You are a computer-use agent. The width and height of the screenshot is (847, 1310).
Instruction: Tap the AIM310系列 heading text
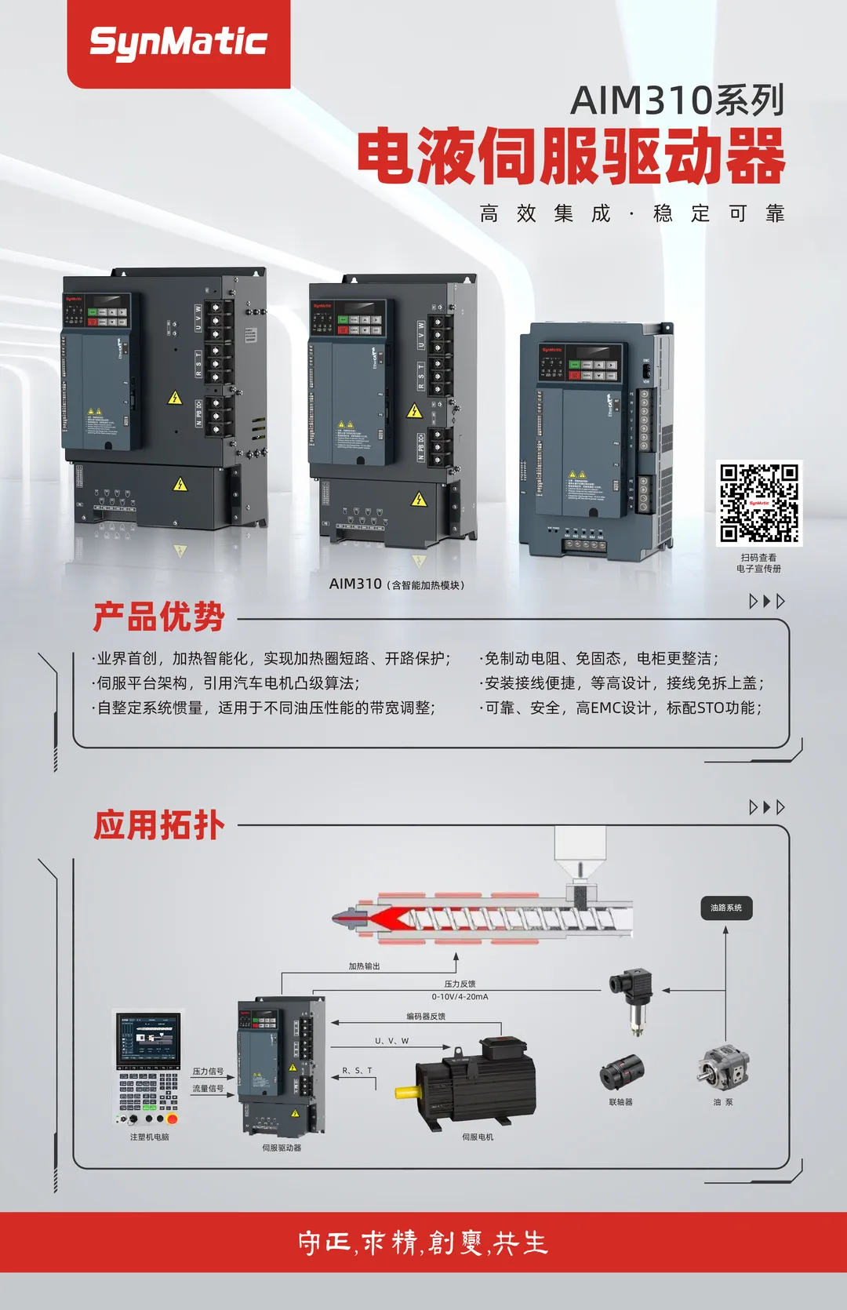[677, 101]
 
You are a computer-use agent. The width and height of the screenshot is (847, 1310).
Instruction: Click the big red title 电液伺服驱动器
[571, 156]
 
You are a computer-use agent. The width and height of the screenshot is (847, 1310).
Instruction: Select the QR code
[759, 503]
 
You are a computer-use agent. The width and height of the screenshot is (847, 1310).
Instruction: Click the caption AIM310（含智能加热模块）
[396, 584]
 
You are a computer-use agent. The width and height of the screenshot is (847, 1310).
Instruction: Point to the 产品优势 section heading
[159, 617]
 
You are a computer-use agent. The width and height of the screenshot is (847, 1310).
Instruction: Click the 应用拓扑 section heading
[159, 825]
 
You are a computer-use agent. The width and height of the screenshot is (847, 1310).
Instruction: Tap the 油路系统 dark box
[725, 908]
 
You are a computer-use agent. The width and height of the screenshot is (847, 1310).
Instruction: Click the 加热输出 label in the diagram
[364, 966]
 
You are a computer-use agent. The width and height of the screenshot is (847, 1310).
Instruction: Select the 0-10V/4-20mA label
[460, 997]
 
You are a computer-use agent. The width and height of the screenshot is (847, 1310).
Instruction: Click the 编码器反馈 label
[426, 1017]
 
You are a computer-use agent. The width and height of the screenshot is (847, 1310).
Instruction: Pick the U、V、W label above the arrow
[391, 1041]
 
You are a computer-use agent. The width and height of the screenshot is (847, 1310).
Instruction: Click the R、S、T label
[357, 1071]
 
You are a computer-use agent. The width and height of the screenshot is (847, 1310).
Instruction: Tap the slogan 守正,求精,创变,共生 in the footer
[423, 1243]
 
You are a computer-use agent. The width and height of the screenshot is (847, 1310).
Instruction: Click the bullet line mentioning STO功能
[622, 708]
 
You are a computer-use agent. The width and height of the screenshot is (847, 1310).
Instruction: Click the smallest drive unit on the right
[596, 439]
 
